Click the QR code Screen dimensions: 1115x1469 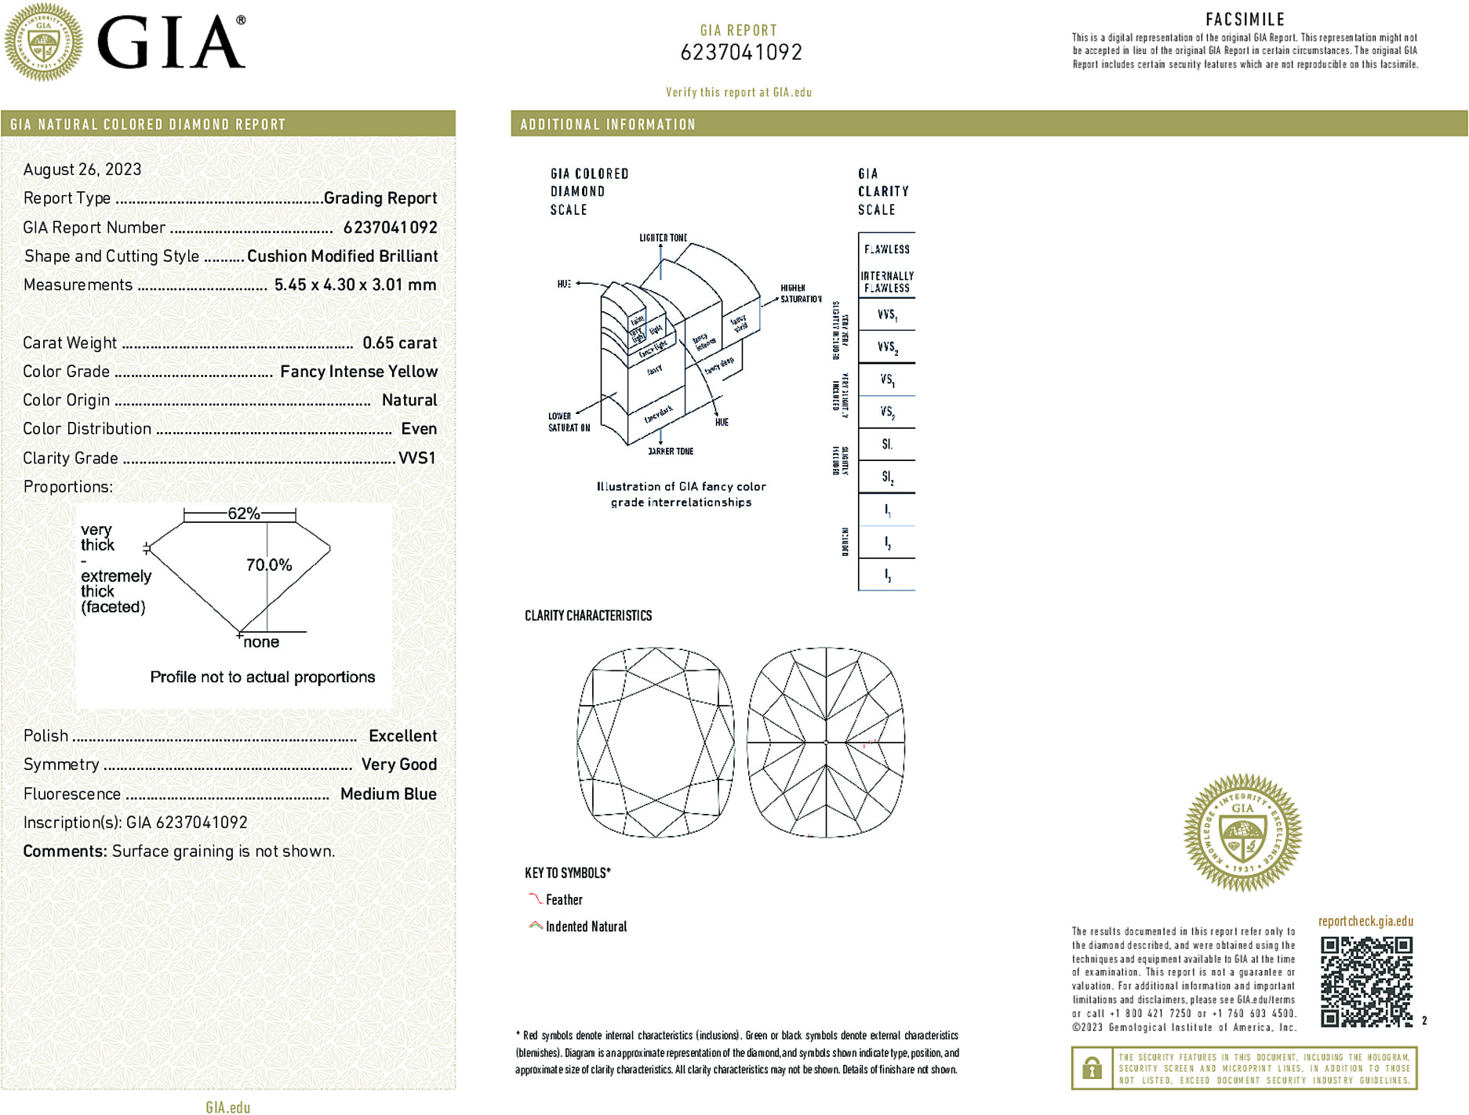tap(1366, 981)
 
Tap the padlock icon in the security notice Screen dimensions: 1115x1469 tap(1092, 1068)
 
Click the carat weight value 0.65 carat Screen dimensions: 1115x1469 tap(399, 343)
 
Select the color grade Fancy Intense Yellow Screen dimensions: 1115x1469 tap(358, 372)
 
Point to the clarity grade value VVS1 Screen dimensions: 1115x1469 tap(417, 458)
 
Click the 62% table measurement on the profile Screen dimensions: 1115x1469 tap(243, 514)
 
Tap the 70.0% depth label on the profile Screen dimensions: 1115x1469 tap(269, 565)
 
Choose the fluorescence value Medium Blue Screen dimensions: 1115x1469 tap(388, 794)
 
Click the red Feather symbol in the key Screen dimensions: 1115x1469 tap(535, 899)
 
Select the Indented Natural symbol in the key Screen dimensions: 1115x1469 tap(536, 926)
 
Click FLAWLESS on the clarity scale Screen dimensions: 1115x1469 tap(887, 249)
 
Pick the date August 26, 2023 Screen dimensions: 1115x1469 tap(82, 169)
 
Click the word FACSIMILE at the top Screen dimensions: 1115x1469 tap(1245, 20)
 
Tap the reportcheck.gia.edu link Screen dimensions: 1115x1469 tap(1365, 921)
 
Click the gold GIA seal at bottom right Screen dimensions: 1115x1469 tap(1242, 832)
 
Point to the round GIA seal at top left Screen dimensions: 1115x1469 tap(43, 42)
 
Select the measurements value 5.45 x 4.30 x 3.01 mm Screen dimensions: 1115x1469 tap(355, 285)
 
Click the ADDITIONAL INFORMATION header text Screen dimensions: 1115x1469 tap(608, 125)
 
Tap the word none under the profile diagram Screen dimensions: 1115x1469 tap(261, 642)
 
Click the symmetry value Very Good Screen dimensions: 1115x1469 tap(398, 765)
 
